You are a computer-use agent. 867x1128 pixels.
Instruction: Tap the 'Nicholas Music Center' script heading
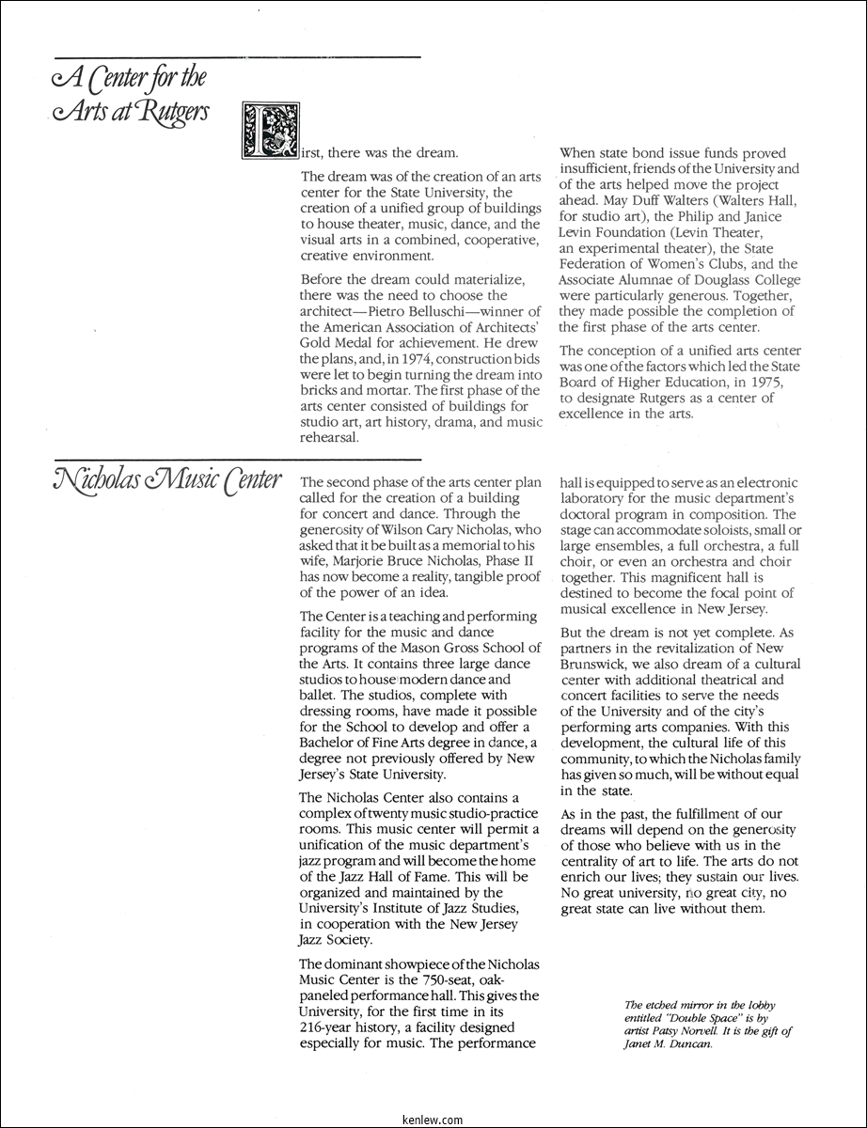[x=156, y=480]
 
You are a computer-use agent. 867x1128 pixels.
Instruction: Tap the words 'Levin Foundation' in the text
[x=617, y=232]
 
